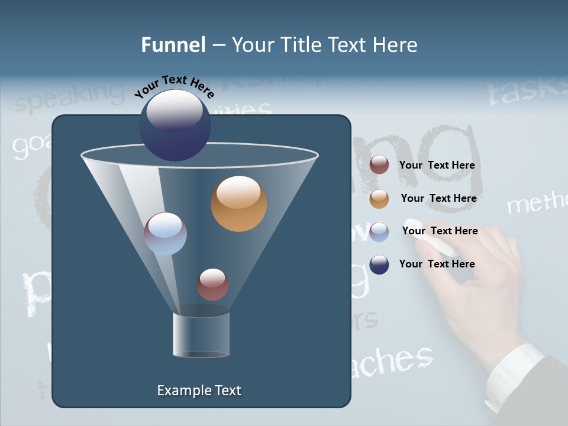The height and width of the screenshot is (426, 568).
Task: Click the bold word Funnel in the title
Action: [173, 45]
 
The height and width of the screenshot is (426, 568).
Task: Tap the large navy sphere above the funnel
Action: [175, 125]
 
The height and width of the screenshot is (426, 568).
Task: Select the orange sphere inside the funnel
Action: [238, 204]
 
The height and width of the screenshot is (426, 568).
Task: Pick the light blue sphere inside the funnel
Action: [165, 234]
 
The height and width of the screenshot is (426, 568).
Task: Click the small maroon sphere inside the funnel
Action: [212, 284]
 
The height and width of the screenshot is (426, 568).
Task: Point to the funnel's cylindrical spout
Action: [201, 334]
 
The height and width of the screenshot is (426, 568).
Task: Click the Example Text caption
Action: [199, 390]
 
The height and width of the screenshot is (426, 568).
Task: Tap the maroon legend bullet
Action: [379, 165]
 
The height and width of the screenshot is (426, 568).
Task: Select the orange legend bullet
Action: [379, 199]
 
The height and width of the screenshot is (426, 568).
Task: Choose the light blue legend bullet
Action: [379, 232]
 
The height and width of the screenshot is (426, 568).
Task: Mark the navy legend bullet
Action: [379, 264]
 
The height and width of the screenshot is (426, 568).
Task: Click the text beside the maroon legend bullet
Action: [437, 165]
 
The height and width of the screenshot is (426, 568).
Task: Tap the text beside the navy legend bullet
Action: [437, 264]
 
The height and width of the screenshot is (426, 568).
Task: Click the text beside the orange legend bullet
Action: [438, 198]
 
